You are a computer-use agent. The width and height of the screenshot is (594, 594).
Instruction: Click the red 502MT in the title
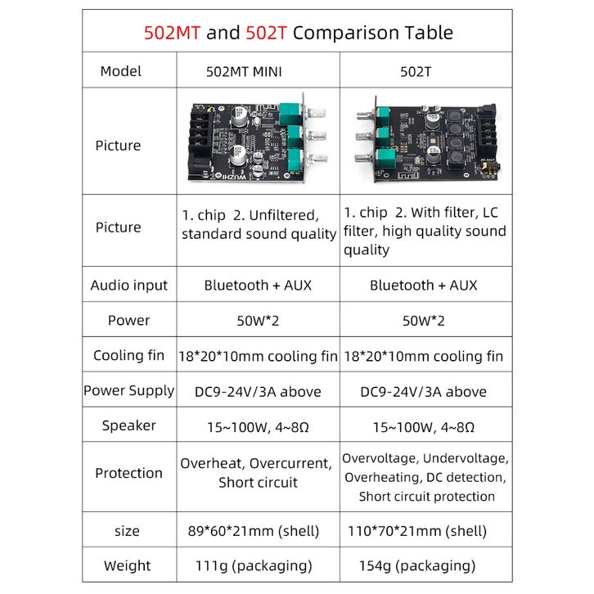[x=172, y=34]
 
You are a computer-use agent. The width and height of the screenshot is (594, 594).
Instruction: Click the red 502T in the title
[x=265, y=34]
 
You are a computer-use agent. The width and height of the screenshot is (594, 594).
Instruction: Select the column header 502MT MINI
[x=245, y=71]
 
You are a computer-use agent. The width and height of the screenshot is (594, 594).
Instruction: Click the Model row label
[x=121, y=71]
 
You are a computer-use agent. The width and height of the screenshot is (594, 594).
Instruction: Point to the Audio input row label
[x=128, y=286]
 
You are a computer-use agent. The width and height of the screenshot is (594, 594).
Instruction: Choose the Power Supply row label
[x=128, y=390]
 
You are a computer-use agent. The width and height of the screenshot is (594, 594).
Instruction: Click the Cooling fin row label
[x=128, y=356]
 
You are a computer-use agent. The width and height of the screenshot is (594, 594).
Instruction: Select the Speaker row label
[x=128, y=425]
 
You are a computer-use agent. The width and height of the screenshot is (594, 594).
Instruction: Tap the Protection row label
[x=128, y=473]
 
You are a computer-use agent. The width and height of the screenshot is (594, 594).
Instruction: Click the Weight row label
[x=127, y=565]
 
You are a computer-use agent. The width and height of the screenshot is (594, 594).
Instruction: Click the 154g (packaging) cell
[x=417, y=565]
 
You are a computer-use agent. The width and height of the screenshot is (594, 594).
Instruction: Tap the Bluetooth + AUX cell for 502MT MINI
[x=258, y=286]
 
